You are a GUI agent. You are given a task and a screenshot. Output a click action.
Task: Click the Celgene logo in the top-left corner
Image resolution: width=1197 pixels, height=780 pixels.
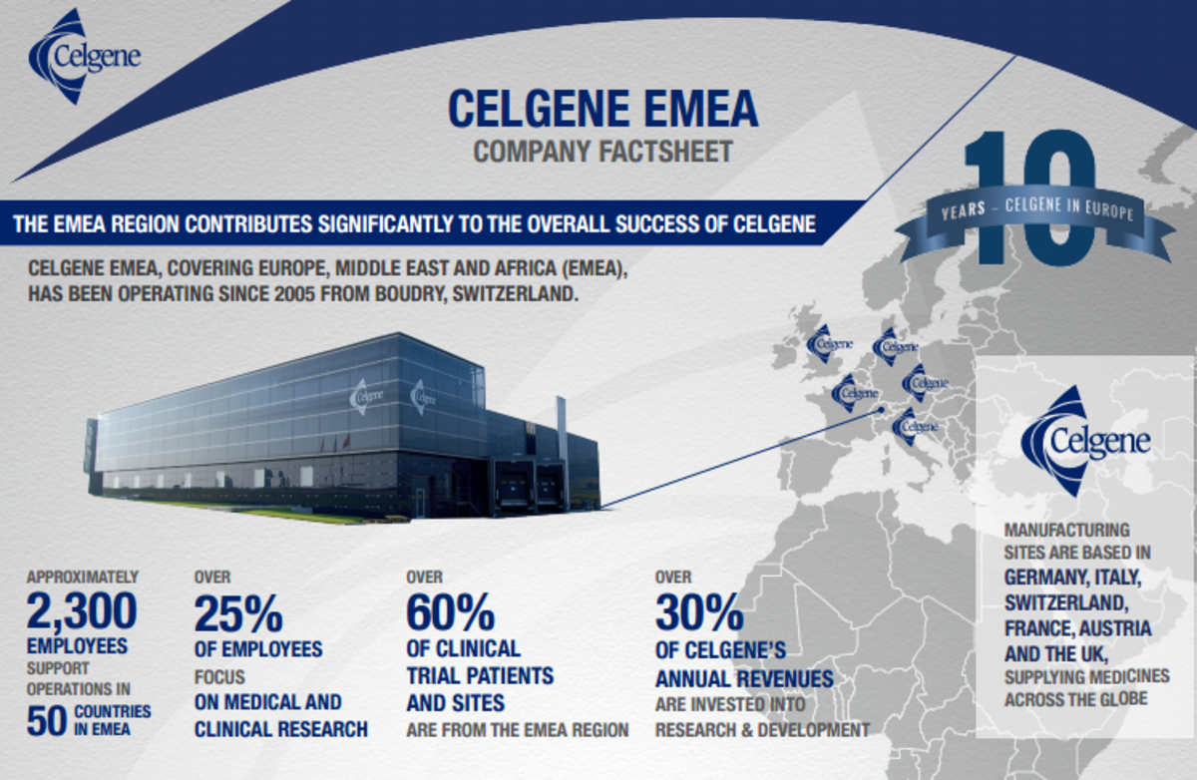[84, 56]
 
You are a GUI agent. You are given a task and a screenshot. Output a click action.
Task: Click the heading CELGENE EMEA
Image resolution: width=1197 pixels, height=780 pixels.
[602, 110]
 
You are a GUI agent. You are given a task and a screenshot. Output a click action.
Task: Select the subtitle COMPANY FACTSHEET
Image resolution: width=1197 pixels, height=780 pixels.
[602, 153]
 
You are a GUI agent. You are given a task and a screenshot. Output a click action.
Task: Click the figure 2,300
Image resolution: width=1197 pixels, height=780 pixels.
[82, 610]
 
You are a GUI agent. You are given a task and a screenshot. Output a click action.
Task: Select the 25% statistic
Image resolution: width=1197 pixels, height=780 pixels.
[238, 614]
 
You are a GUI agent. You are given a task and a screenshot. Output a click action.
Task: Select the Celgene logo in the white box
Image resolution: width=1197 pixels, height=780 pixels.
[1086, 440]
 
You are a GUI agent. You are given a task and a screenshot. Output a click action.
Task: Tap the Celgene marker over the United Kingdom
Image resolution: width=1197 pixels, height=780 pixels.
[829, 344]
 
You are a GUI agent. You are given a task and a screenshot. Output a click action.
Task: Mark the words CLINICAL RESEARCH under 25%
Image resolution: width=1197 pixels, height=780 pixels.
[281, 729]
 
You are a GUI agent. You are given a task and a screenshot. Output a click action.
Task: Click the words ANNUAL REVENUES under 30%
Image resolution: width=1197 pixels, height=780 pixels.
[744, 679]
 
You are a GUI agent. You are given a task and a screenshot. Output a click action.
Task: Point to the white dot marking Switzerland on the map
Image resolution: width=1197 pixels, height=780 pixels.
[881, 409]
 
